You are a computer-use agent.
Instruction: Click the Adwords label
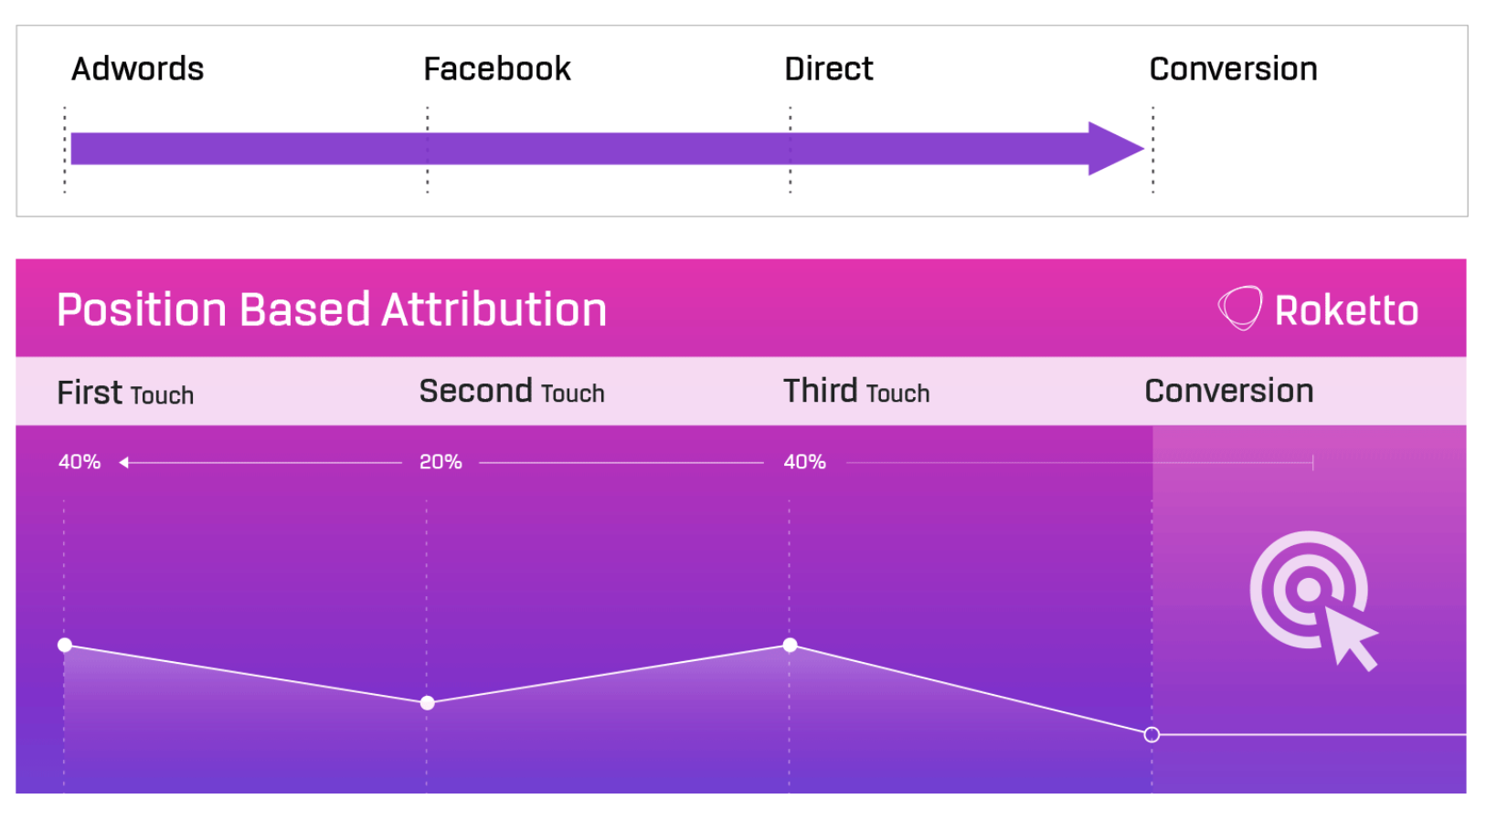(137, 68)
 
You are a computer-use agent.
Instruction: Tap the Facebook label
(497, 68)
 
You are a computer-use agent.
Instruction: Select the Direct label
(829, 68)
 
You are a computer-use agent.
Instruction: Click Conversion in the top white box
(1233, 68)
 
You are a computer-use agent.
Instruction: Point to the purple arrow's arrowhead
(1115, 149)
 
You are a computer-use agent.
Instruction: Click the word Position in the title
(142, 310)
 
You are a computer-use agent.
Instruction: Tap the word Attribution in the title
(494, 310)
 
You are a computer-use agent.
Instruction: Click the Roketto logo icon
(1240, 309)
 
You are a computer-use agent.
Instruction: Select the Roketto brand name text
(1347, 310)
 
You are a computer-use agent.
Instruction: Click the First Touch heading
(125, 393)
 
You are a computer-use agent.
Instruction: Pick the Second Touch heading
(512, 391)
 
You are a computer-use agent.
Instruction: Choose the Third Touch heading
(856, 391)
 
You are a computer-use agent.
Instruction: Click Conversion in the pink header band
(1229, 391)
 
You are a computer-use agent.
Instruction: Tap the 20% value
(440, 462)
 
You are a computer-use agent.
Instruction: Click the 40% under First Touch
(80, 462)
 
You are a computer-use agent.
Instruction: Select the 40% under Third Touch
(805, 462)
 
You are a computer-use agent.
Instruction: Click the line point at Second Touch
(427, 703)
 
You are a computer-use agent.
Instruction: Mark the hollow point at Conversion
(1152, 734)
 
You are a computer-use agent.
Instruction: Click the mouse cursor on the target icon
(1349, 637)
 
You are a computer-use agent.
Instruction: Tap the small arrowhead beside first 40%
(123, 463)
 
